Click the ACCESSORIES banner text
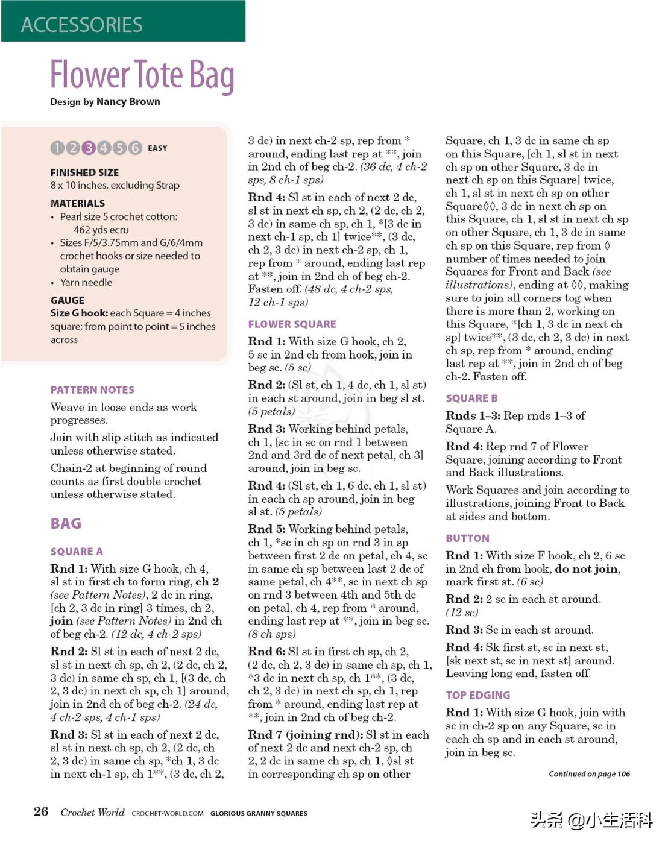pyautogui.click(x=82, y=25)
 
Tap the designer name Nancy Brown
pyautogui.click(x=128, y=102)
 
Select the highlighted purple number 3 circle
pyautogui.click(x=89, y=148)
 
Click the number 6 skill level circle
pyautogui.click(x=135, y=148)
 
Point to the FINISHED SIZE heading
pyautogui.click(x=84, y=172)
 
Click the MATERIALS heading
pyautogui.click(x=78, y=203)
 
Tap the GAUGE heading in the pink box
pyautogui.click(x=68, y=300)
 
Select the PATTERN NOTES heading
pyautogui.click(x=92, y=390)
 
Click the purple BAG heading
pyautogui.click(x=66, y=523)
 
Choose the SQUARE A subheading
pyautogui.click(x=77, y=552)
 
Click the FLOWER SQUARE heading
pyautogui.click(x=292, y=324)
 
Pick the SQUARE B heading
pyautogui.click(x=471, y=398)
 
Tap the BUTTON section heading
pyautogui.click(x=467, y=538)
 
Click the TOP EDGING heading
pyautogui.click(x=477, y=695)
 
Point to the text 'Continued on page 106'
pyautogui.click(x=589, y=774)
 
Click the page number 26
pyautogui.click(x=41, y=811)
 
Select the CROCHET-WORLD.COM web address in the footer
pyautogui.click(x=168, y=813)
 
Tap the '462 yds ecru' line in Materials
pyautogui.click(x=101, y=230)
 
